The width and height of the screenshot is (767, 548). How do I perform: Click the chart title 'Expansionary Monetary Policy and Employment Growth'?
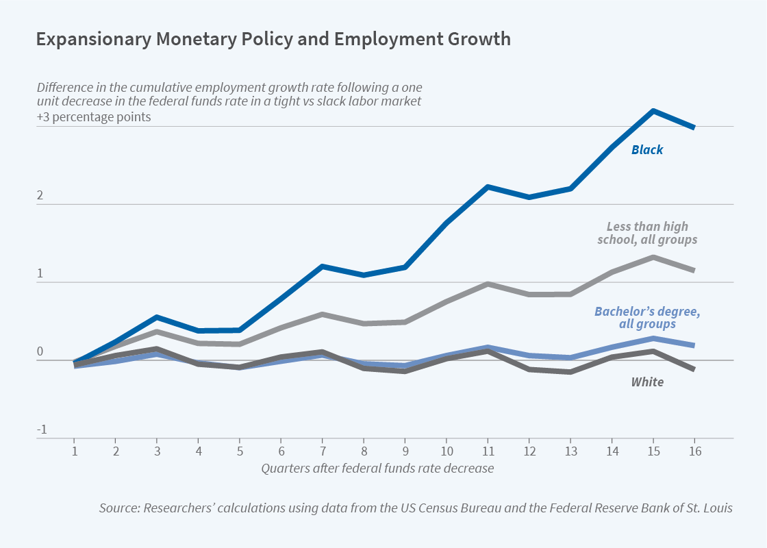tap(273, 39)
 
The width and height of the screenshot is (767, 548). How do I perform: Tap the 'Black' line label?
tap(647, 149)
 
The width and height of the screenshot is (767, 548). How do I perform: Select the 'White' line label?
tap(647, 382)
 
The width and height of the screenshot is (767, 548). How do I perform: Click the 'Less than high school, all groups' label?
tap(647, 233)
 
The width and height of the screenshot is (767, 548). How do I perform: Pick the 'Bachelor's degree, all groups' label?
tap(647, 317)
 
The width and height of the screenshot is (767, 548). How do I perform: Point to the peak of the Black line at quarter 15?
tap(653, 111)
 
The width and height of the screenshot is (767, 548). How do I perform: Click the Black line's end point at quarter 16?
tap(694, 127)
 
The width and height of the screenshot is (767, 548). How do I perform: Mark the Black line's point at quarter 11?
tap(487, 186)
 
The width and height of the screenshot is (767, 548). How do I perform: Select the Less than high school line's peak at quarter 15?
tap(653, 258)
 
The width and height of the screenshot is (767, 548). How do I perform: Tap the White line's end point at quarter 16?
tap(694, 369)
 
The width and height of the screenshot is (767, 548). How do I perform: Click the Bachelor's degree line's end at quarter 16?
tap(694, 345)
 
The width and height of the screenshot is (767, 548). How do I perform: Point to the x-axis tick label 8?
tap(364, 452)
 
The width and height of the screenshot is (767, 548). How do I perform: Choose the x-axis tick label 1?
tap(74, 452)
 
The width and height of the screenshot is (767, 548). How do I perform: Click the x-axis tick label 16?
tap(694, 452)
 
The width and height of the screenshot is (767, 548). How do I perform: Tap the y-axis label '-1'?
tap(41, 429)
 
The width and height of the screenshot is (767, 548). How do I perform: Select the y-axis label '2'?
tap(40, 196)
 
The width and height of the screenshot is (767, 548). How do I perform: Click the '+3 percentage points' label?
tap(94, 116)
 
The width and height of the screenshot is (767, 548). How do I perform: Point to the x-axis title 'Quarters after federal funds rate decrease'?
tap(377, 469)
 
